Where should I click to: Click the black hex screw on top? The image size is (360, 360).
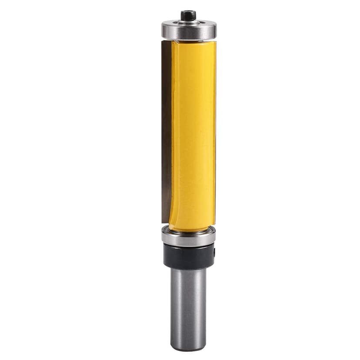(188, 16)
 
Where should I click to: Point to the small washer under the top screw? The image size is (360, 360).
(188, 20)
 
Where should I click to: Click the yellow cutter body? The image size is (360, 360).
(193, 130)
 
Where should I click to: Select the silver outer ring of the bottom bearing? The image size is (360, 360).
(188, 238)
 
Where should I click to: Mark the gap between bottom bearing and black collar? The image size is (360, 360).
(189, 245)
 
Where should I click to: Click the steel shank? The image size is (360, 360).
(188, 304)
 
